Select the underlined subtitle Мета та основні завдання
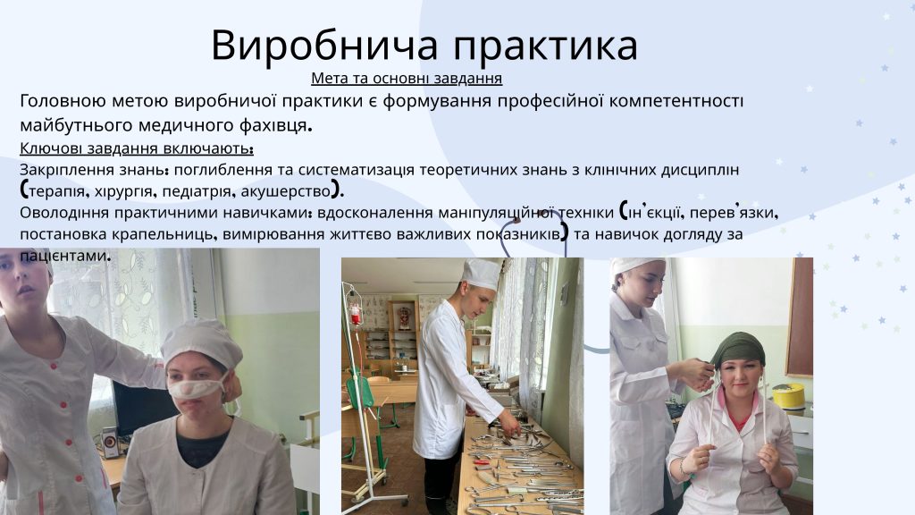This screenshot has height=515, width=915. (x=407, y=79)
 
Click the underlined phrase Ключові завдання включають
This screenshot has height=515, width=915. (x=137, y=148)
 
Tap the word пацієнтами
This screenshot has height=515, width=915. (x=64, y=256)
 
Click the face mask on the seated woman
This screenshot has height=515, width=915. (x=197, y=388)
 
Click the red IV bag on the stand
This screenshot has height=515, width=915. (x=355, y=314)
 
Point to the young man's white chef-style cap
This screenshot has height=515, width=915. (x=482, y=274)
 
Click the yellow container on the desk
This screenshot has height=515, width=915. (x=788, y=396)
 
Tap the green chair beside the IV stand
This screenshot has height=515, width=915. (x=358, y=396)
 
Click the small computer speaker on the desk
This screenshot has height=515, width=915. (x=108, y=441)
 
